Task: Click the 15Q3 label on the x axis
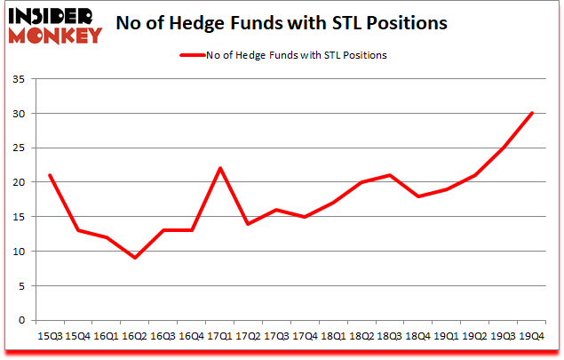coord(49,337)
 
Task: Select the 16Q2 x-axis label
coord(134,337)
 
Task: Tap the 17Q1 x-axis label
coord(219,337)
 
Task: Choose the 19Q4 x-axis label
coord(532,337)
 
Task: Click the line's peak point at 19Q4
coord(532,113)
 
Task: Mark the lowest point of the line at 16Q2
coord(134,258)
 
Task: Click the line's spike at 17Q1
coord(219,168)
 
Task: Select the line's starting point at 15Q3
coord(49,175)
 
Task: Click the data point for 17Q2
coord(248,223)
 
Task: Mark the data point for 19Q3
coord(504,148)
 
